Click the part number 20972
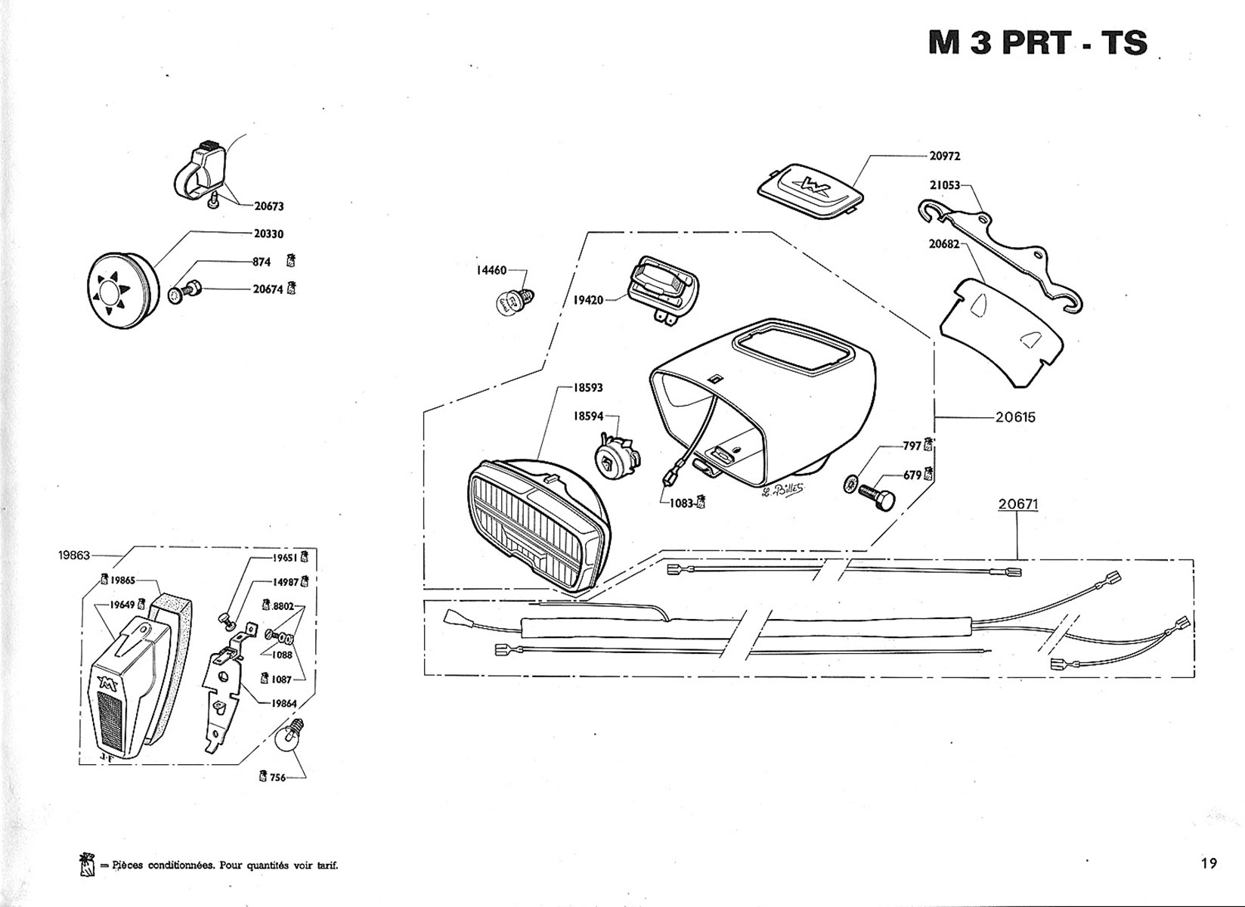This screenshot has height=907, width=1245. [944, 156]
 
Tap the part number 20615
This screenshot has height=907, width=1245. [1015, 417]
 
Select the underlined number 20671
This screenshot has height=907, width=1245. [1017, 503]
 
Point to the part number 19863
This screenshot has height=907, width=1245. [73, 555]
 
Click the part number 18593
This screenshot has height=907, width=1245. [588, 388]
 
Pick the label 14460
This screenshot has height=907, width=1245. [491, 270]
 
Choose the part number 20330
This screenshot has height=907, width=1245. [268, 234]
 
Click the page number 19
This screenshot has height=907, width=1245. [1208, 863]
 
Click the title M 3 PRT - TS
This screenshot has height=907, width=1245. [1037, 43]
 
